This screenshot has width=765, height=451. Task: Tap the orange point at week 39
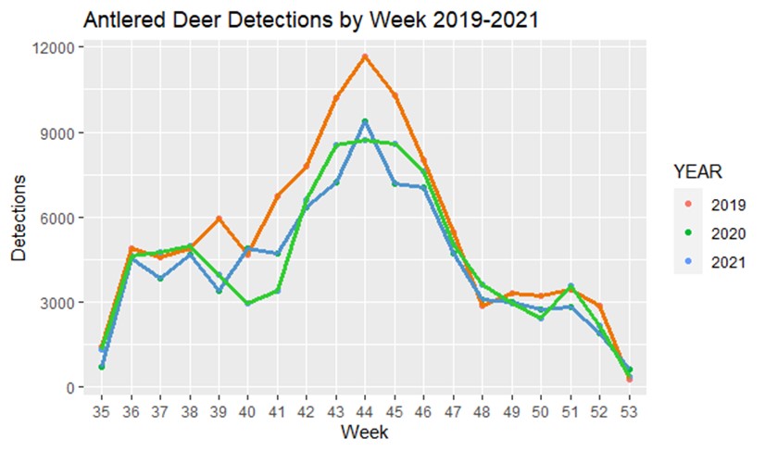coord(218,219)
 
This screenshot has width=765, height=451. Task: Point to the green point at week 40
coord(247,304)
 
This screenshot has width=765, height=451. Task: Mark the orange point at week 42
coord(306,166)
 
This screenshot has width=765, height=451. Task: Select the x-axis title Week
coord(364,432)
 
